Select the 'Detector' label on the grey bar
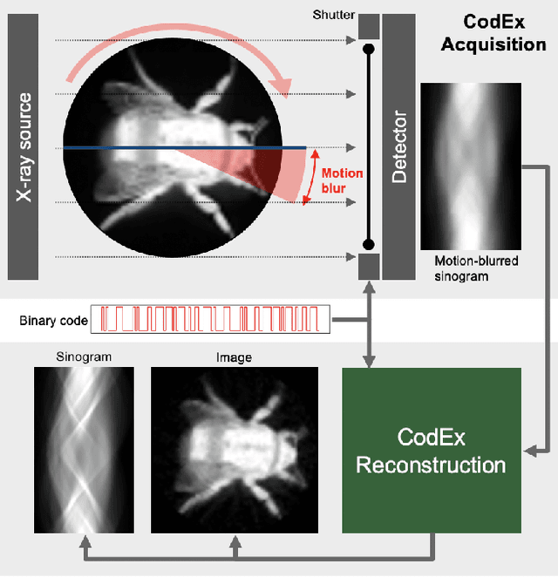[399, 146]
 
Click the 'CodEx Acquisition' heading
[493, 33]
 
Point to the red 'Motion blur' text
[342, 180]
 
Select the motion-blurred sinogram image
[470, 166]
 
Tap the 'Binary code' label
[53, 321]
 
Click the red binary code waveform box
[212, 320]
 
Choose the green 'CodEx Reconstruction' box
[431, 450]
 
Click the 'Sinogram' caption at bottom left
[84, 356]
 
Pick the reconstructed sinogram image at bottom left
[84, 450]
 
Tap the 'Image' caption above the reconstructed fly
[234, 356]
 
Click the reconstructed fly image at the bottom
[234, 450]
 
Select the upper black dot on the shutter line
[369, 48]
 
